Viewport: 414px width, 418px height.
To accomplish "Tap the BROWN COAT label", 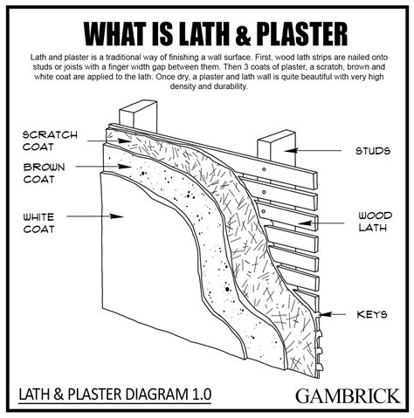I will (x=45, y=172).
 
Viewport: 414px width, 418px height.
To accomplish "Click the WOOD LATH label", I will (x=373, y=222).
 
